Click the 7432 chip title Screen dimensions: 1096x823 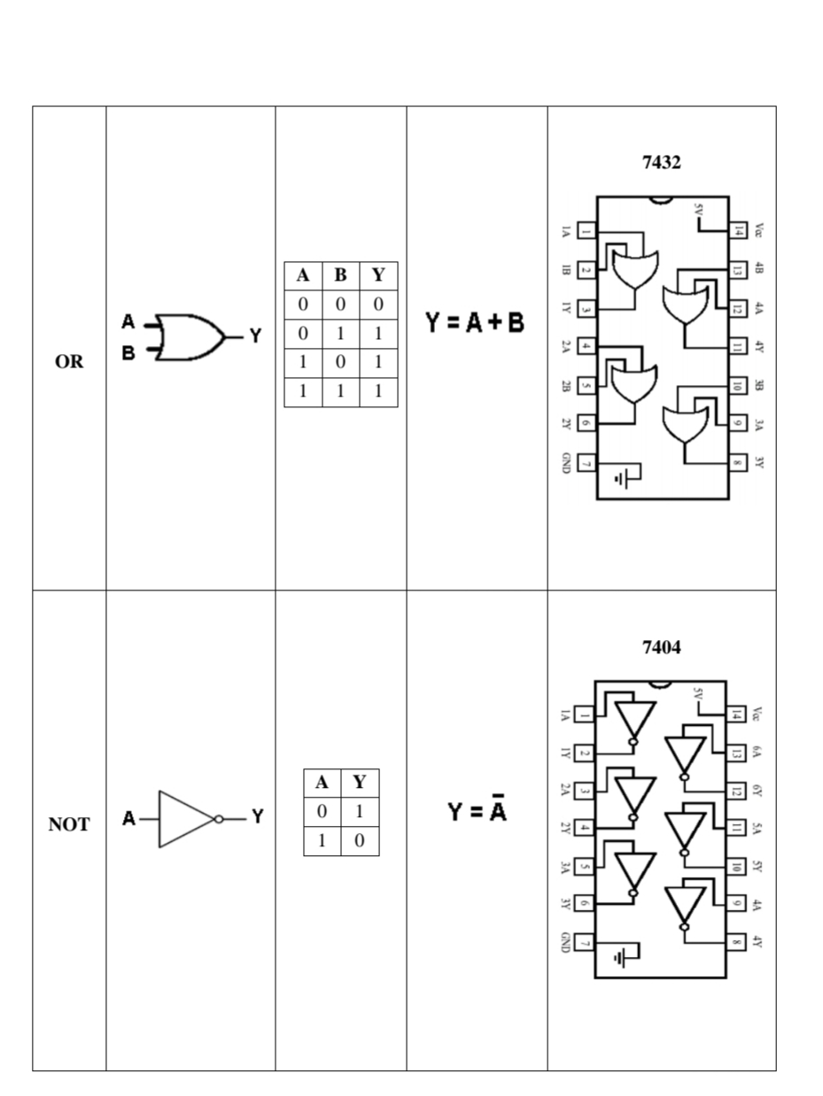(x=661, y=162)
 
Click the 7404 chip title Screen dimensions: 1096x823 (x=661, y=647)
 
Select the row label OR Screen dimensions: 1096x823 (x=69, y=361)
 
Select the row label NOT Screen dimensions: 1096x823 (x=69, y=824)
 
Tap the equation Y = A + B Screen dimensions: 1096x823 (x=475, y=323)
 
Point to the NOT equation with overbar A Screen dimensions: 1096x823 (x=477, y=810)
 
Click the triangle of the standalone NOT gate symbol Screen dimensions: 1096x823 (x=183, y=819)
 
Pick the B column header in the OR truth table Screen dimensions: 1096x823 (x=340, y=275)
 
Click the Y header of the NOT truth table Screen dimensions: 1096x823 (x=359, y=783)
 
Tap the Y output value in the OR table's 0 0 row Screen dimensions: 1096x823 (x=378, y=305)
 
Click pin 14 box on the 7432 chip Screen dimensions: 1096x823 (x=737, y=231)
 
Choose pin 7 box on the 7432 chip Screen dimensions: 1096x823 (x=586, y=462)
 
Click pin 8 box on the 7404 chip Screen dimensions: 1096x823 (x=735, y=942)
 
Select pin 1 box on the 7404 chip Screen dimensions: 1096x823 (x=585, y=714)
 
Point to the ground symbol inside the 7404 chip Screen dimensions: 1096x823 (x=624, y=956)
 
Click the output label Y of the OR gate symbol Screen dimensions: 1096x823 (x=255, y=336)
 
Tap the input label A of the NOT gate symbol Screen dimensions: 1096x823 (x=129, y=819)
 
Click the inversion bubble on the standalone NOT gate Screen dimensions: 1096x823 (x=219, y=819)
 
